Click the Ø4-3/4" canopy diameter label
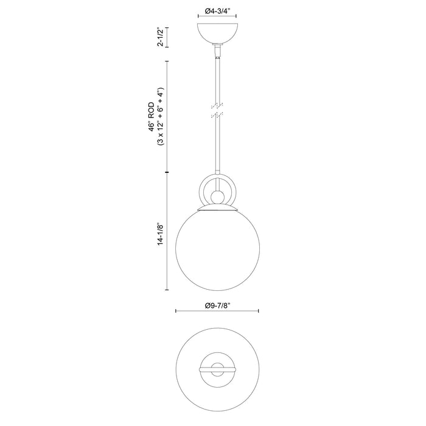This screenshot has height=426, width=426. (x=217, y=10)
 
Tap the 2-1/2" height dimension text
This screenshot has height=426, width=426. (x=160, y=37)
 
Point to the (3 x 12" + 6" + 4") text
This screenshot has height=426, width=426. (x=160, y=116)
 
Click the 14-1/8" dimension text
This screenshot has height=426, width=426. (x=160, y=232)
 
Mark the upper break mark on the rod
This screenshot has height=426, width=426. (x=217, y=105)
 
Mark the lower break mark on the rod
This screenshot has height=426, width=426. (x=217, y=114)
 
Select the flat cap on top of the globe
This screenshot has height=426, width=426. (x=217, y=209)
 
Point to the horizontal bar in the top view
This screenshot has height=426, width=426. (x=217, y=368)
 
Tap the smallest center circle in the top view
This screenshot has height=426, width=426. (x=217, y=368)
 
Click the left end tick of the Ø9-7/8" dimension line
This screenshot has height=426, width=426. (x=176, y=312)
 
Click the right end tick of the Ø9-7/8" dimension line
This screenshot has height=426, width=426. (x=260, y=312)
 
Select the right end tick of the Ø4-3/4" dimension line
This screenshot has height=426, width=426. (x=237, y=18)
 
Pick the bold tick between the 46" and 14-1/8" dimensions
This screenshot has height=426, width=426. (x=168, y=173)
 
